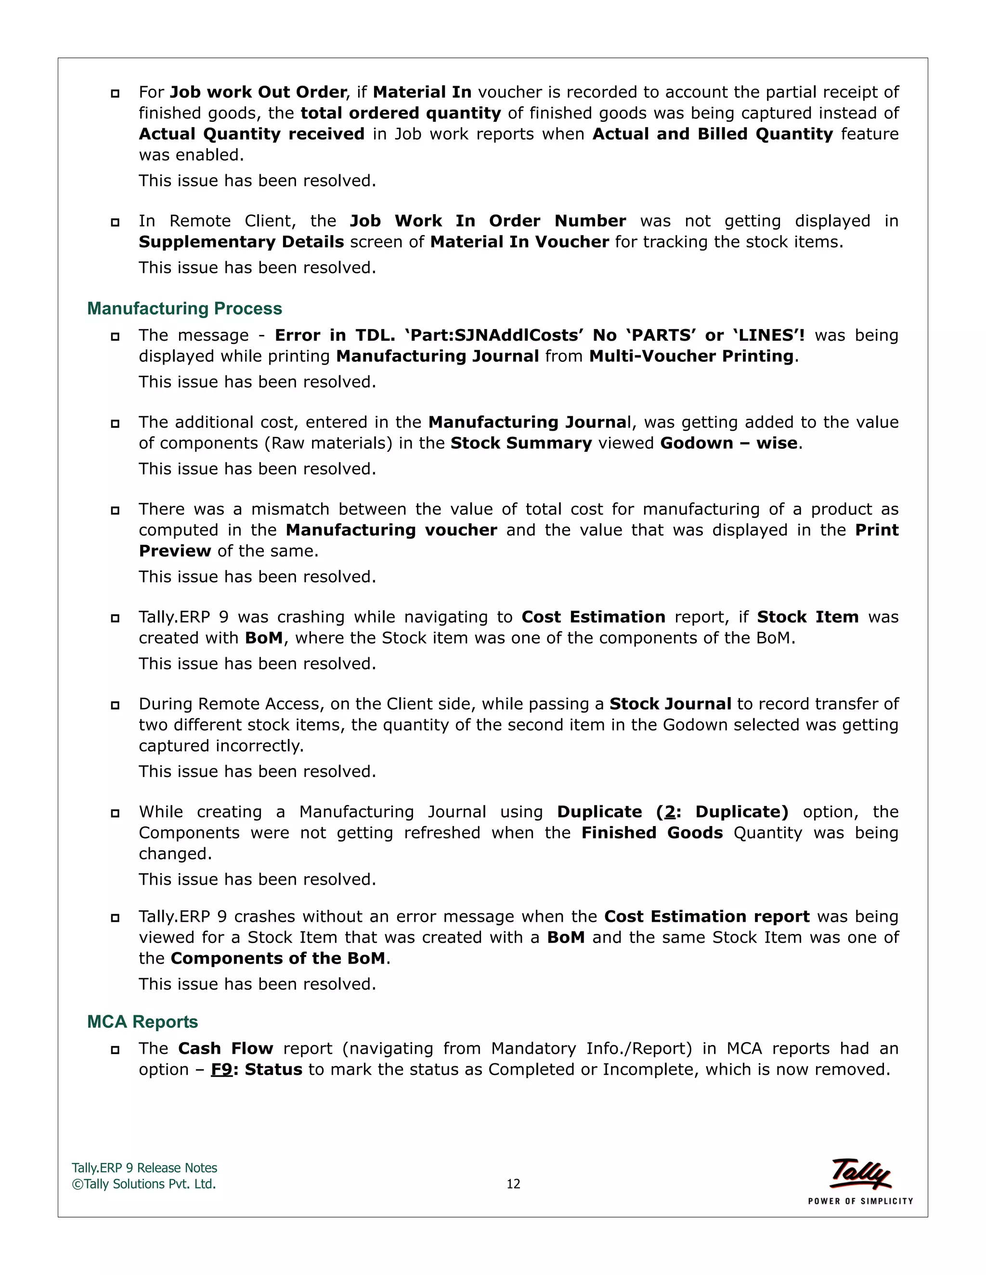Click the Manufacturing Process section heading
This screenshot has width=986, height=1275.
[184, 308]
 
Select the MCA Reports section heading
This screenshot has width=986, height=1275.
[142, 1021]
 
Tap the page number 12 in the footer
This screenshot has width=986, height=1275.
[513, 1184]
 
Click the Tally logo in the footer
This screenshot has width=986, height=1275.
[860, 1173]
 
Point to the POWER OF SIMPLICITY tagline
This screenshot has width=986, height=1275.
[860, 1201]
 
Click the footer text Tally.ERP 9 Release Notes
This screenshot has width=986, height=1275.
[144, 1168]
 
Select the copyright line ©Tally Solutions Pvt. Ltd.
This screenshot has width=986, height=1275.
[143, 1184]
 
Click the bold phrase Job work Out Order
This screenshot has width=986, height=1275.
[258, 92]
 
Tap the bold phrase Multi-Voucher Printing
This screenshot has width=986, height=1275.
[691, 356]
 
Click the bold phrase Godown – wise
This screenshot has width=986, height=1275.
[728, 443]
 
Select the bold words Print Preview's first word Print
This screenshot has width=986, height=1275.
[876, 530]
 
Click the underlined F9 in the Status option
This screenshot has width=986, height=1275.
[221, 1070]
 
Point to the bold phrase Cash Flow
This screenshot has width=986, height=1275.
[225, 1048]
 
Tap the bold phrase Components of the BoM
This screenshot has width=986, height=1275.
[278, 958]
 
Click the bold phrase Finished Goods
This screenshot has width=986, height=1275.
[652, 832]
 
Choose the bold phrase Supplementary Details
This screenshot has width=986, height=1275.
[241, 242]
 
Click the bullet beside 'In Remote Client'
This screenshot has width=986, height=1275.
[115, 222]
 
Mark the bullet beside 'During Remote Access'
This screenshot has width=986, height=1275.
[115, 705]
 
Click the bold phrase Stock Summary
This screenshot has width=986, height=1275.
[521, 443]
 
